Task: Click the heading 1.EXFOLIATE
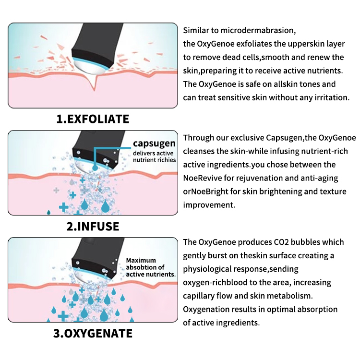[x=93, y=119]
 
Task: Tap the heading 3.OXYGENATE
[x=93, y=333]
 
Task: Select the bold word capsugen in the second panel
[x=155, y=144]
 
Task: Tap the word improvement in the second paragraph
[x=208, y=205]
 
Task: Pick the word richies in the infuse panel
[x=166, y=160]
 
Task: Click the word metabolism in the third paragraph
[x=292, y=296]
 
